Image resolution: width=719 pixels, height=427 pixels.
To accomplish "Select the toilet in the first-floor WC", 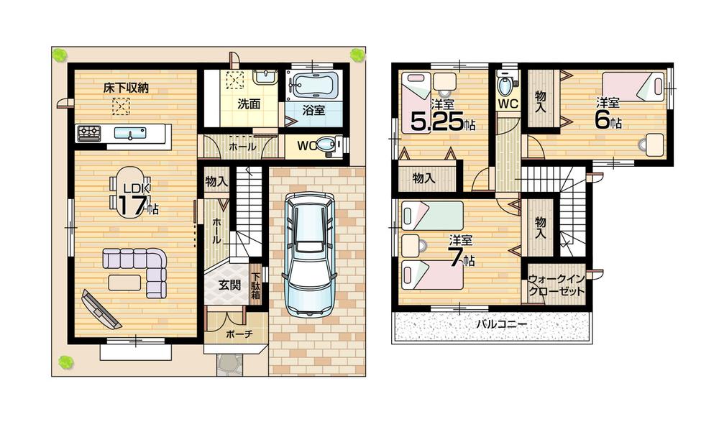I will pos(326,147).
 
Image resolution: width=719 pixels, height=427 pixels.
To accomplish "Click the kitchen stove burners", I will pos(89,133).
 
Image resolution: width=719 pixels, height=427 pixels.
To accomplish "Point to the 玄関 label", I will pos(229,284).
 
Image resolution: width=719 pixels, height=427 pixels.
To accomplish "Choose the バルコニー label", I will pos(501,325).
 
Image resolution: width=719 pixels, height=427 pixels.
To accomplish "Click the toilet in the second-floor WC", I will pos(507,86).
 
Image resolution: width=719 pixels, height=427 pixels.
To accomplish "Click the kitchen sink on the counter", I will pos(129,134).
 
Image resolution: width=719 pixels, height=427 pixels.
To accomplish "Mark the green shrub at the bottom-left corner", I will pos(65,361).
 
